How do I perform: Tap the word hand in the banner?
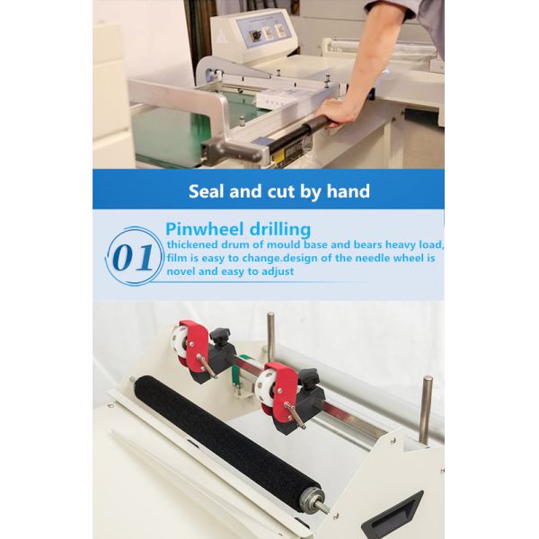click(349, 191)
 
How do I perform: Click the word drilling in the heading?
click(280, 230)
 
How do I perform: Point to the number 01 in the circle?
click(133, 257)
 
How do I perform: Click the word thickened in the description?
click(192, 244)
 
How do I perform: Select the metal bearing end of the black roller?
click(313, 500)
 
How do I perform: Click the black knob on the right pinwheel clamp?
click(308, 378)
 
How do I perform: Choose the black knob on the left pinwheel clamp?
click(220, 336)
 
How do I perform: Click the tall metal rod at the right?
click(427, 410)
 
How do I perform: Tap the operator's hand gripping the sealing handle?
click(334, 114)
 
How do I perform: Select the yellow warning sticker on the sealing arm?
click(278, 156)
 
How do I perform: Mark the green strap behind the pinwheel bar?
click(237, 372)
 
